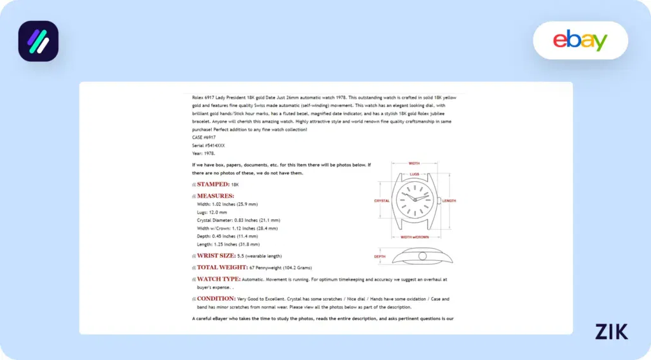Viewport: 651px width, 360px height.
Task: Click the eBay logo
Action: pyautogui.click(x=580, y=40)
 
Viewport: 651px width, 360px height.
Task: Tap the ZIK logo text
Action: pyautogui.click(x=612, y=331)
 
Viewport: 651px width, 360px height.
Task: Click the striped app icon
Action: pyautogui.click(x=38, y=41)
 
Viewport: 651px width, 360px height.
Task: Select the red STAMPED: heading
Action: pyautogui.click(x=213, y=184)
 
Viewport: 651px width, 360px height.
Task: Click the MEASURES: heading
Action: pyautogui.click(x=215, y=196)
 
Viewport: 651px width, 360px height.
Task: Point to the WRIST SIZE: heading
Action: pyautogui.click(x=216, y=256)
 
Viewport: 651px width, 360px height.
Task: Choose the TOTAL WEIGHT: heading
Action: pyautogui.click(x=222, y=268)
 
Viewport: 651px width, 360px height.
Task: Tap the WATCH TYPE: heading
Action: pyautogui.click(x=218, y=279)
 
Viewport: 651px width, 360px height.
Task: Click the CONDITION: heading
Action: pyautogui.click(x=216, y=298)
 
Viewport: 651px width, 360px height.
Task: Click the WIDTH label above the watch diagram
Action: pyautogui.click(x=414, y=163)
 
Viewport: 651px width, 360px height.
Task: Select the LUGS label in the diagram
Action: pyautogui.click(x=414, y=174)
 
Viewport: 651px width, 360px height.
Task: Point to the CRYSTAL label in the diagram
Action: pyautogui.click(x=381, y=201)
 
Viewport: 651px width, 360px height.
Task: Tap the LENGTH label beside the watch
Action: pyautogui.click(x=449, y=201)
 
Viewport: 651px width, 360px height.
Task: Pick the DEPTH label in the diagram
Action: pyautogui.click(x=380, y=257)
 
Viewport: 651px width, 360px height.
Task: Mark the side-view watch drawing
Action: pyautogui.click(x=421, y=256)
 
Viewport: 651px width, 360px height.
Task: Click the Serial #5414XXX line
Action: pyautogui.click(x=208, y=145)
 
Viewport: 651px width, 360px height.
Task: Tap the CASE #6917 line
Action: pyautogui.click(x=204, y=137)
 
